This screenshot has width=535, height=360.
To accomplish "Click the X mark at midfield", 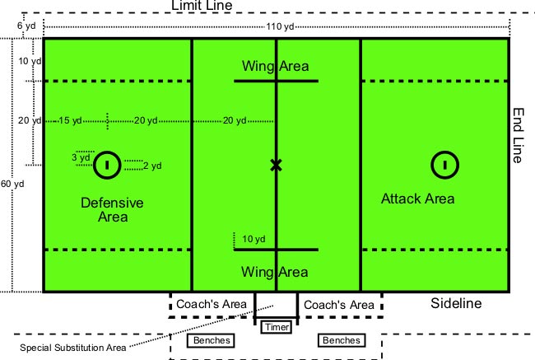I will tap(276, 166).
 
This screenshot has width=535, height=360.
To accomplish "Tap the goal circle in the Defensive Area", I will tap(106, 165).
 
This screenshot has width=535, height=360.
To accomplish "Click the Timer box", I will tap(275, 327).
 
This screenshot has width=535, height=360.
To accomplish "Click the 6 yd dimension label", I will tap(26, 26).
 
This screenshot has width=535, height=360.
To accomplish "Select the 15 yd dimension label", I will tap(70, 121).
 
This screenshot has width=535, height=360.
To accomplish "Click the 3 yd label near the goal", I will tap(81, 157).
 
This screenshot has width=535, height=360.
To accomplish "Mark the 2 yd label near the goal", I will tap(151, 166).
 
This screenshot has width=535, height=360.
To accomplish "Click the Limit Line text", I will tap(213, 7).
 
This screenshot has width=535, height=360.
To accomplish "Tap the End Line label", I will tap(519, 136).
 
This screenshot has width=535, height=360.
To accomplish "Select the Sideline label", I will tap(456, 304).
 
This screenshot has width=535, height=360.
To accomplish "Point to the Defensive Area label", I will tap(112, 209).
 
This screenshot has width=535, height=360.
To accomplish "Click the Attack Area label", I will tap(418, 199).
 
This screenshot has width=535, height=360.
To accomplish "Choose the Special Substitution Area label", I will tap(73, 348).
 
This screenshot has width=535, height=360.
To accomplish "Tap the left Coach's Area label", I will tap(212, 305).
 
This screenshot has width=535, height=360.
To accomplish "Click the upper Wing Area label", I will tap(275, 66).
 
